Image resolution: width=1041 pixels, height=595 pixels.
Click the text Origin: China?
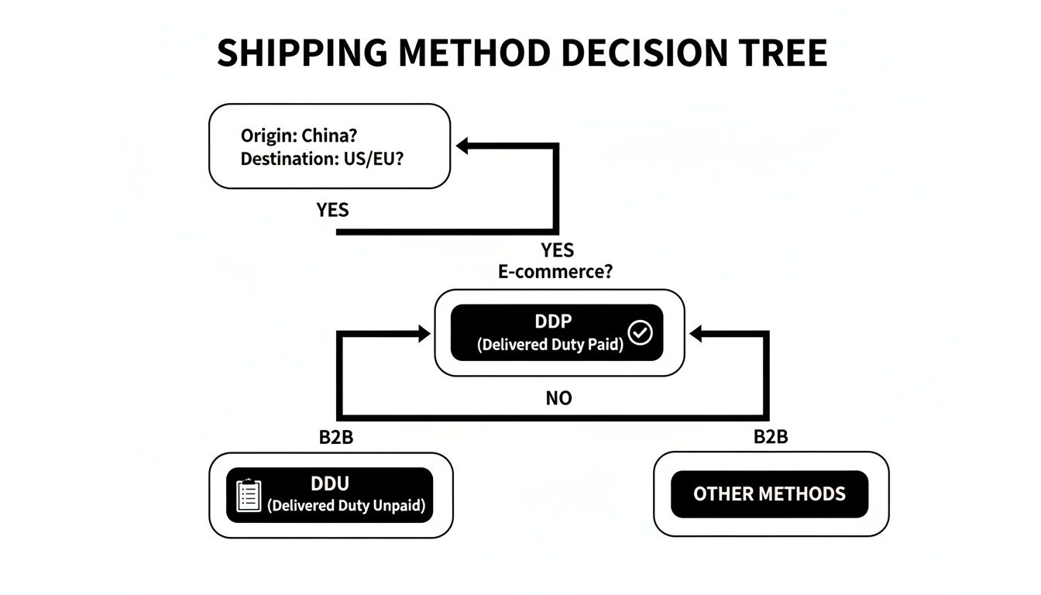pos(298,135)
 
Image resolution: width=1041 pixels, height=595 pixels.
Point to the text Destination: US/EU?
pos(321,159)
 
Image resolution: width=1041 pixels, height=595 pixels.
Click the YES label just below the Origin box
pos(332,210)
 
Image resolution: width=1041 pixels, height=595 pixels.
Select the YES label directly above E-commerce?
pos(558,249)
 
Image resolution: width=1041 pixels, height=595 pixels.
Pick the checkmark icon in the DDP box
pos(640,333)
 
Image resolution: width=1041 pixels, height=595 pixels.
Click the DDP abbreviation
pos(551,322)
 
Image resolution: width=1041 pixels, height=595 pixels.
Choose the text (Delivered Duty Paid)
pos(550,345)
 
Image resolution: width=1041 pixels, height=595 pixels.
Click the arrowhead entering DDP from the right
pos(695,334)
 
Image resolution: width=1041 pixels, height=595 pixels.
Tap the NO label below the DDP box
pos(558,398)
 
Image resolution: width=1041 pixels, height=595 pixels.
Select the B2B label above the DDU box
pos(336,437)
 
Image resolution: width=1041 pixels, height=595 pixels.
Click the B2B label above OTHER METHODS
pos(771,437)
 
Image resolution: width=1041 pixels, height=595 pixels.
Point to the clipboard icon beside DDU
pos(249,495)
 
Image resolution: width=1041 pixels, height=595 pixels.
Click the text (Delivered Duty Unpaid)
pos(346,506)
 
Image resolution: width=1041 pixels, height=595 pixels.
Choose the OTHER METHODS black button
pos(769,494)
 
